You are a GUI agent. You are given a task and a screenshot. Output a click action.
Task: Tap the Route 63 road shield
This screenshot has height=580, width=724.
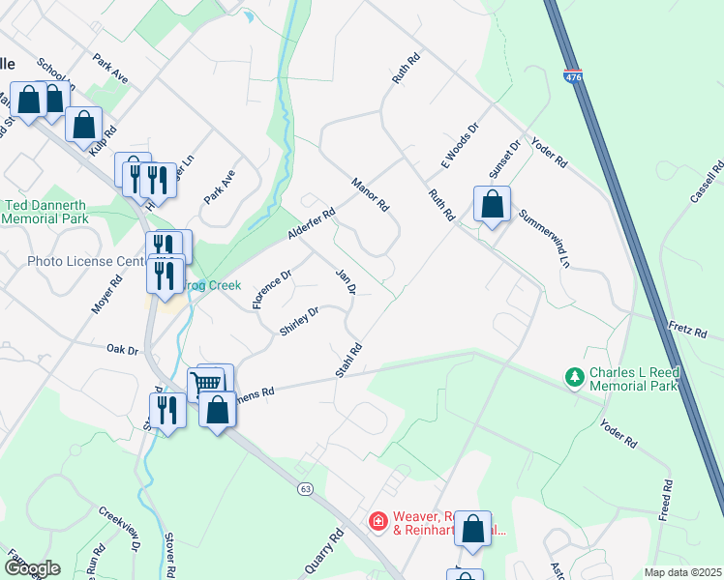pyautogui.click(x=305, y=490)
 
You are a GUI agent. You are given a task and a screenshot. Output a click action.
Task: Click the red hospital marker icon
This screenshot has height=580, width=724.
pyautogui.click(x=377, y=522)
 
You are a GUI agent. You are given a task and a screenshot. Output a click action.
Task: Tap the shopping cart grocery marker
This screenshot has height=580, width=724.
pyautogui.click(x=207, y=382)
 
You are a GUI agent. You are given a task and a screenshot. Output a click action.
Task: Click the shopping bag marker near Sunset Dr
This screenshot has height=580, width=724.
pyautogui.click(x=493, y=204)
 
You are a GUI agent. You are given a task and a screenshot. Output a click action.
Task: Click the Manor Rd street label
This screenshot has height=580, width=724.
pyautogui.click(x=370, y=194)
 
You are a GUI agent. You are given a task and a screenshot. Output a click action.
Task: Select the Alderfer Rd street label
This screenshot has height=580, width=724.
pyautogui.click(x=310, y=224)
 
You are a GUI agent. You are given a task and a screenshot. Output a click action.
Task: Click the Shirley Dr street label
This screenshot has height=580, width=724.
pyautogui.click(x=299, y=322)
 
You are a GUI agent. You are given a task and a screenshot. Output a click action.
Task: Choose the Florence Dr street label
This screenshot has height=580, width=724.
pyautogui.click(x=272, y=290)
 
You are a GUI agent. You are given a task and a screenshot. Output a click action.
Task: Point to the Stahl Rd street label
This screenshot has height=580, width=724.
pyautogui.click(x=349, y=361)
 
